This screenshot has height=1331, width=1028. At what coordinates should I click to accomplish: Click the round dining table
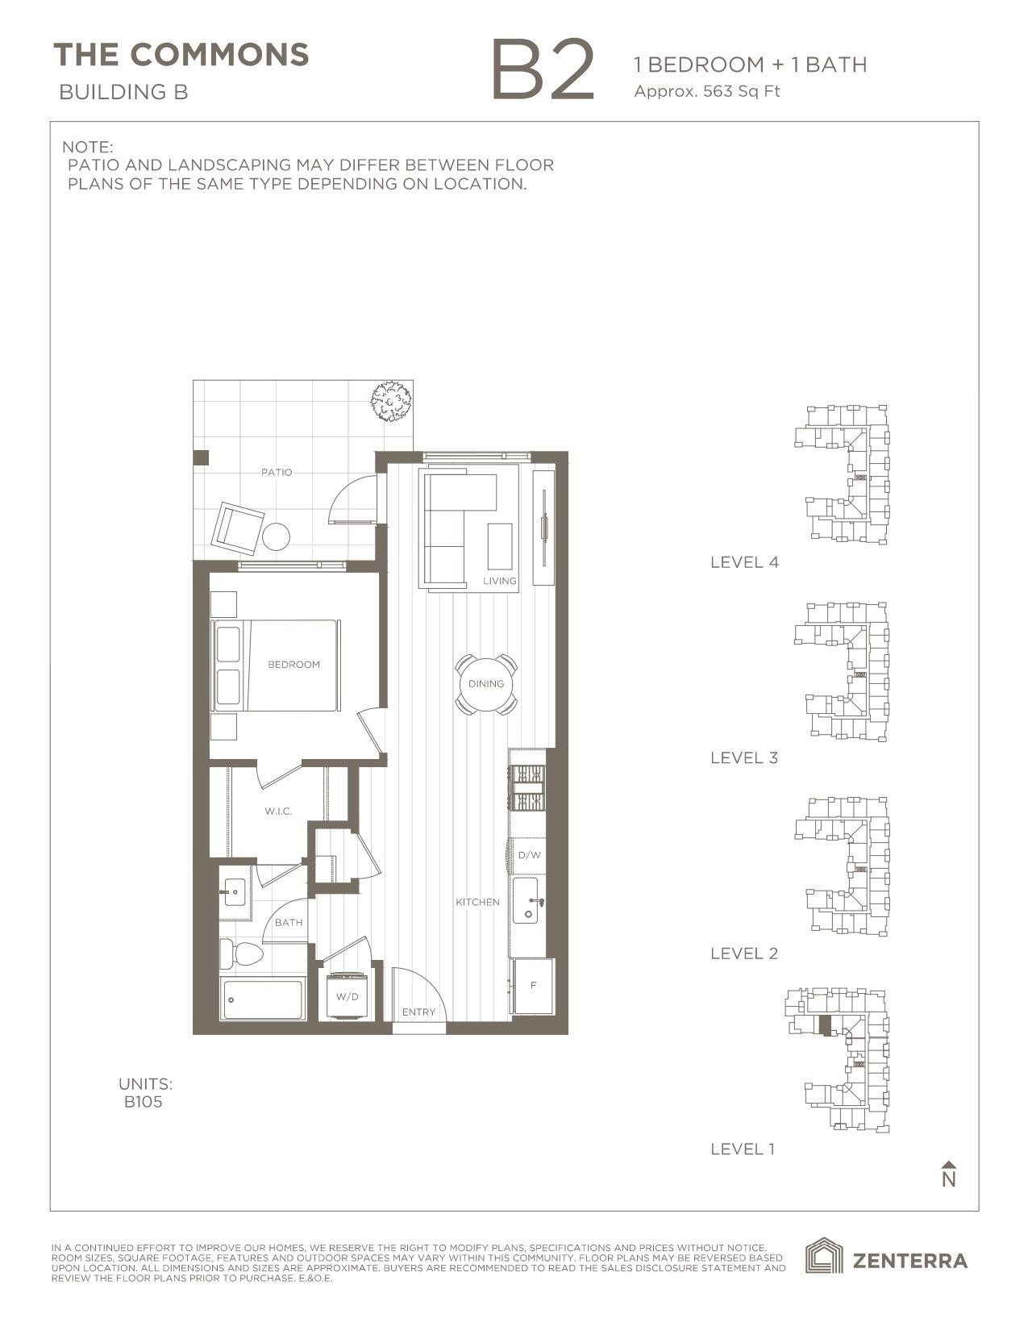point(486,684)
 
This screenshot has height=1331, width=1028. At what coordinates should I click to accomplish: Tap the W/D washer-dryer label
point(348,997)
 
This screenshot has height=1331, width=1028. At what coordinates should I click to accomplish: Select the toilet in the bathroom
point(241,955)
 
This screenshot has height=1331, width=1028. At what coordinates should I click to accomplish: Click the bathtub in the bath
point(263,999)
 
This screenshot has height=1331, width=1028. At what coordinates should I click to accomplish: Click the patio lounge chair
point(237,528)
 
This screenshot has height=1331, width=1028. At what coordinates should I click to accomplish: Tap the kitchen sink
point(529,901)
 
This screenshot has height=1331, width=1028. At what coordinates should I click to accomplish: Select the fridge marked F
point(533,986)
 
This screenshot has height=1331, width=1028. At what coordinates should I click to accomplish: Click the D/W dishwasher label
point(529,855)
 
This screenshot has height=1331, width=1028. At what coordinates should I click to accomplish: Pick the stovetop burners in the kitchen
point(528,788)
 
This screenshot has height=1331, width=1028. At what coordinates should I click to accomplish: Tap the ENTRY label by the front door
point(418,1012)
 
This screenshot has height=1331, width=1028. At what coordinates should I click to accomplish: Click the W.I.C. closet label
point(278,811)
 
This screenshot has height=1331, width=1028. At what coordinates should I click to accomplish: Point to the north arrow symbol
point(949,1175)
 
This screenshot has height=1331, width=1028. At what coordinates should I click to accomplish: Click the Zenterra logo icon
point(824,1258)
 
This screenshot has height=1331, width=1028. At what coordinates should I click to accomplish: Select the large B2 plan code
point(543,71)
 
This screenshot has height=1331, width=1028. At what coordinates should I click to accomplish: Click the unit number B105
point(143,1102)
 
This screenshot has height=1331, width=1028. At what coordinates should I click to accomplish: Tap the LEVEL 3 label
point(743,757)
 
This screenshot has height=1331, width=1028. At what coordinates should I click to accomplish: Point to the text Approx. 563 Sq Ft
point(707,91)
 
